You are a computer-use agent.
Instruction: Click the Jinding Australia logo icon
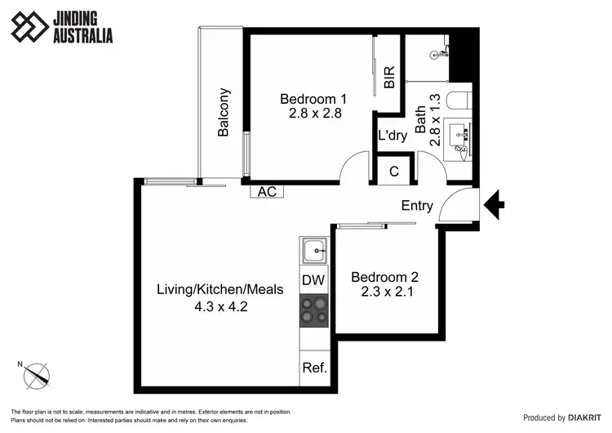[x=29, y=26]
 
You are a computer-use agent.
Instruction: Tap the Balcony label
[x=224, y=112]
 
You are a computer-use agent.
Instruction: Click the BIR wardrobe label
[x=389, y=78]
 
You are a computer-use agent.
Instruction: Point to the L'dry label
[x=392, y=136]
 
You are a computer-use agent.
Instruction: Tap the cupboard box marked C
[x=393, y=172]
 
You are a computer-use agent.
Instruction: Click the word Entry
[x=417, y=206]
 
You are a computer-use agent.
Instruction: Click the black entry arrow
[x=494, y=204]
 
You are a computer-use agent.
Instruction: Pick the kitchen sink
[x=313, y=250]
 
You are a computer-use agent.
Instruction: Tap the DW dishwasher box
[x=313, y=280]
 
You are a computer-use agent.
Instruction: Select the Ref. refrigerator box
[x=314, y=368]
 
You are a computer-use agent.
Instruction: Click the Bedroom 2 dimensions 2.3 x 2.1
[x=387, y=290]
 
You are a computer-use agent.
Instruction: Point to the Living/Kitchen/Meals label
[x=220, y=289]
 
